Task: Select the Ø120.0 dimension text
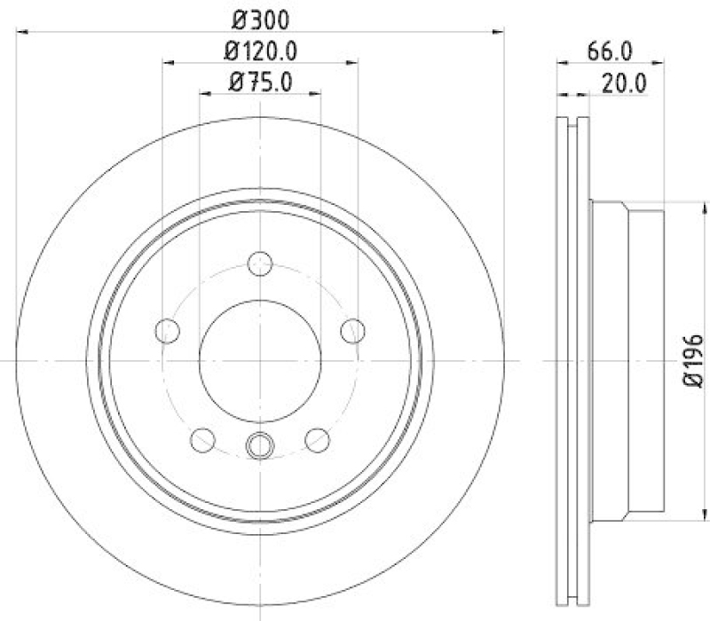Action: [260, 51]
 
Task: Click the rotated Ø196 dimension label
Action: [694, 361]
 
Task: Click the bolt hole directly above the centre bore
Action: [260, 263]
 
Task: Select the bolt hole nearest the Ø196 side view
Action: [353, 330]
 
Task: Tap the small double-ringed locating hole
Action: [260, 446]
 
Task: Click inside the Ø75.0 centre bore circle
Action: [260, 359]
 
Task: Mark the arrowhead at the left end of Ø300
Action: [23, 32]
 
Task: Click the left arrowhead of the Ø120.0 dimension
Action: [170, 63]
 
